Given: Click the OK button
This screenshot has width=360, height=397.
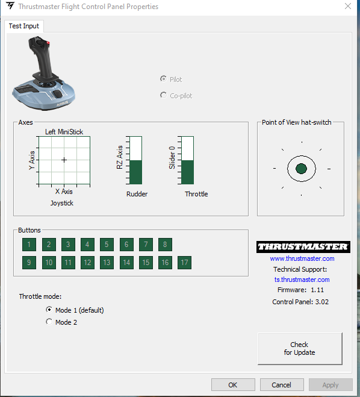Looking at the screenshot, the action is (x=233, y=385).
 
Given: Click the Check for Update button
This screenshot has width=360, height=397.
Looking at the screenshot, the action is (x=300, y=349).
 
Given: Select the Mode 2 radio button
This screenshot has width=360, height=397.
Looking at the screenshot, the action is (x=49, y=322).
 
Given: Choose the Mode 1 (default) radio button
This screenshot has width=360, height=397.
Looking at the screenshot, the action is (x=49, y=310).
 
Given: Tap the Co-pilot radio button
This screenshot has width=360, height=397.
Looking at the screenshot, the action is (x=163, y=95).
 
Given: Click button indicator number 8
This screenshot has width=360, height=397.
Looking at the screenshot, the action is (x=165, y=245).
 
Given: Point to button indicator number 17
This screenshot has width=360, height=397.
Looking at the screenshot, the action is (x=184, y=263).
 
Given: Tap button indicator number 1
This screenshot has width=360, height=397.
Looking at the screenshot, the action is (x=29, y=245).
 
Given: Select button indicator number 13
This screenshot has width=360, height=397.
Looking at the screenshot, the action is (x=107, y=263).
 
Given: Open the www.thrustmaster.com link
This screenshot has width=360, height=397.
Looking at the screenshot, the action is (x=302, y=258).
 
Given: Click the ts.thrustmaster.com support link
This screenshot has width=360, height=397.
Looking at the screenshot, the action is (x=302, y=280).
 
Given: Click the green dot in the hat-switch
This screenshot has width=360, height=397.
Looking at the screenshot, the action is (x=301, y=169).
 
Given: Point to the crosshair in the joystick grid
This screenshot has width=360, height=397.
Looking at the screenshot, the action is (x=64, y=160).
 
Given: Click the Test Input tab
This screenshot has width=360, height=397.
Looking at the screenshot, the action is (x=24, y=26).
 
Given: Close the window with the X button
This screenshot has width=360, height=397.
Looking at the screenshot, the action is (x=348, y=6).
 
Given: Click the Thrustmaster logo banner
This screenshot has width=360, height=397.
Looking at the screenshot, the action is (x=303, y=247).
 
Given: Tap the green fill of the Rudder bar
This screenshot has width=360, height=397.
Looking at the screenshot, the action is (x=135, y=172).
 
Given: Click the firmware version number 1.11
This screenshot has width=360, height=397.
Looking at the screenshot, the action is (x=317, y=290).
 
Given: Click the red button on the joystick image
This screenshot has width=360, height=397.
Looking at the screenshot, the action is (x=48, y=43).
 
